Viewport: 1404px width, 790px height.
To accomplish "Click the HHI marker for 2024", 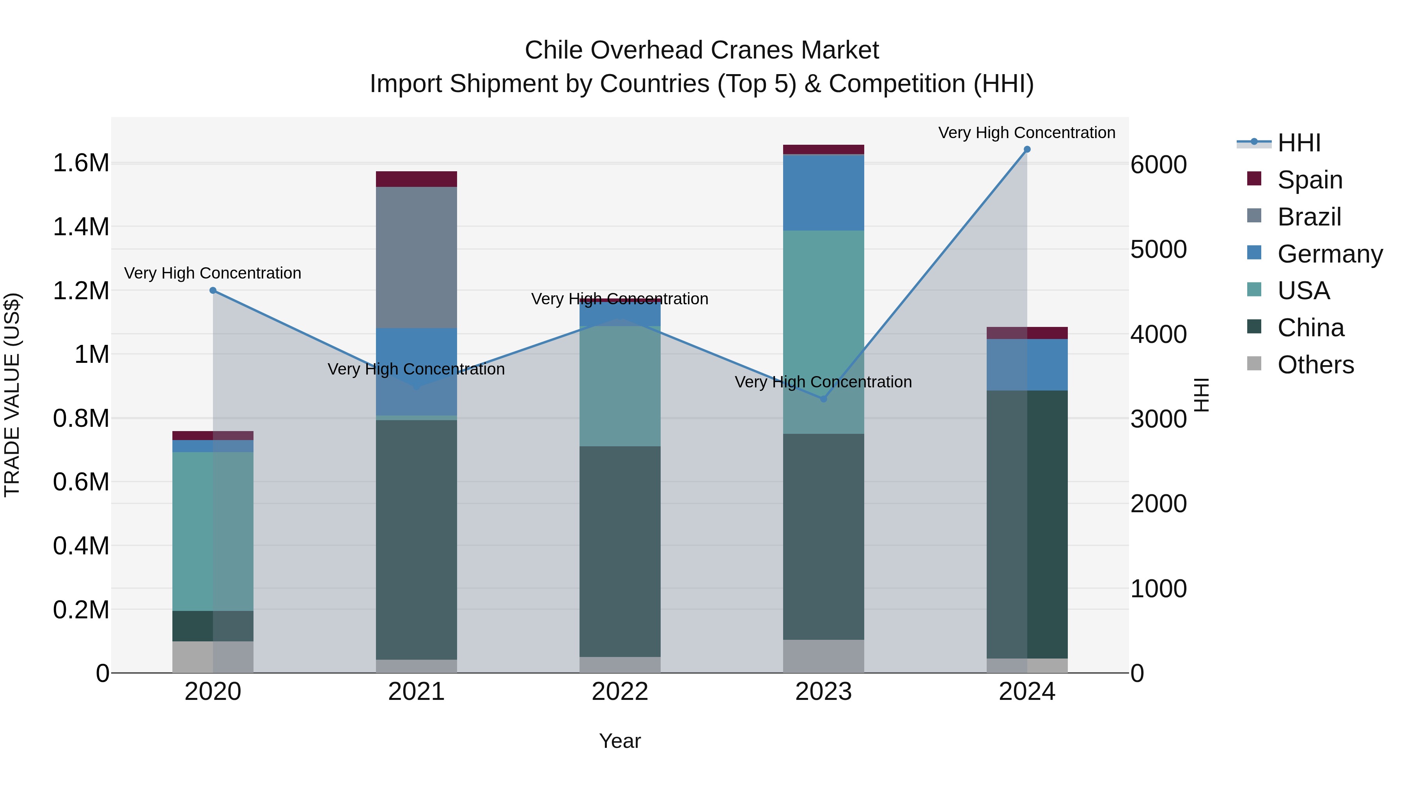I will tap(1027, 149).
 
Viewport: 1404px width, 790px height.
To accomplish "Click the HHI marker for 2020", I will tap(213, 291).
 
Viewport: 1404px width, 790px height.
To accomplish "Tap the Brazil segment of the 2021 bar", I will tap(417, 257).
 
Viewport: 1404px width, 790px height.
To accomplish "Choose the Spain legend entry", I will tap(1309, 180).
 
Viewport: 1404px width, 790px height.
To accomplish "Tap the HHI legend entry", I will tap(1298, 143).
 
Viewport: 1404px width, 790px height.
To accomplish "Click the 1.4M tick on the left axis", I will tap(81, 227).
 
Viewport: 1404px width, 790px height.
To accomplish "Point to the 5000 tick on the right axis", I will tap(1158, 250).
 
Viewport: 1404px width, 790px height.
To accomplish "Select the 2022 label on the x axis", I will tap(620, 692).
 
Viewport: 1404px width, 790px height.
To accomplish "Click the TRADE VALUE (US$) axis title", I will tap(12, 395).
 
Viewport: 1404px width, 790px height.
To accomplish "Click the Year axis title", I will tap(620, 741).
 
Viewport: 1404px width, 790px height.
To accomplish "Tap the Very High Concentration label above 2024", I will tap(1027, 133).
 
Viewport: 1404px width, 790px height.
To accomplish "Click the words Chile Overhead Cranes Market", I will tap(702, 50).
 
